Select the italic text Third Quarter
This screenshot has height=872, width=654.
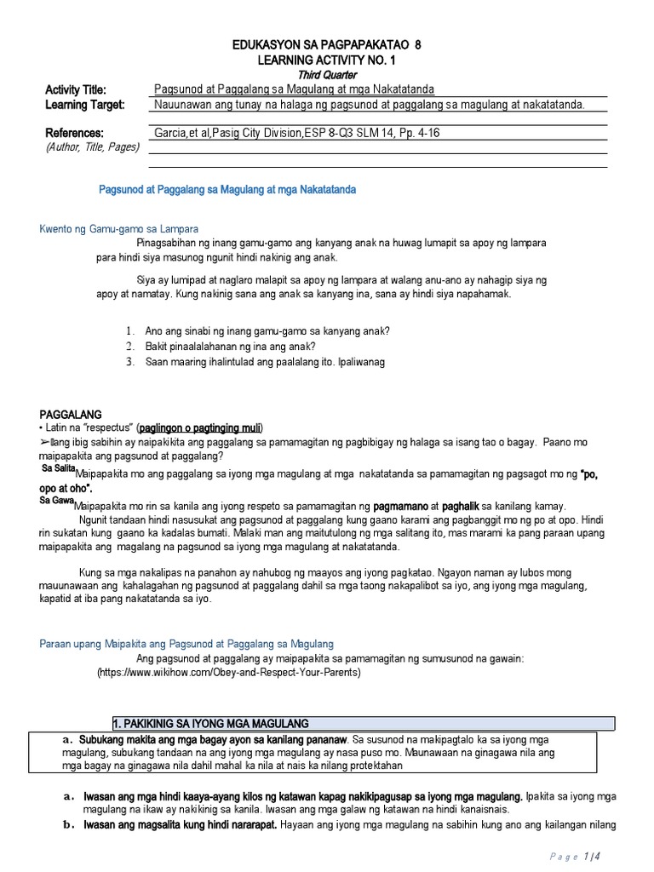[x=327, y=75]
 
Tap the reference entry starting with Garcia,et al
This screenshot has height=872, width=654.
[x=296, y=133]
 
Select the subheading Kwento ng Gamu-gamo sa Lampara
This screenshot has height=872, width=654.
[x=119, y=229]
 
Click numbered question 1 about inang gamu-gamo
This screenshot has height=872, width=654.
[x=261, y=331]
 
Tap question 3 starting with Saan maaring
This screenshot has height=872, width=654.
[x=265, y=362]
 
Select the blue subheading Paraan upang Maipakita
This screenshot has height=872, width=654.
[x=187, y=644]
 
